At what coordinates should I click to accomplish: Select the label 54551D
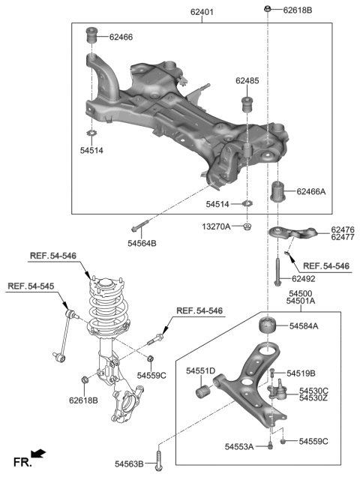pyautogui.click(x=200, y=370)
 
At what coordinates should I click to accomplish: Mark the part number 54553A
pyautogui.click(x=240, y=447)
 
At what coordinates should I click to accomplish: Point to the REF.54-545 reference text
pyautogui.click(x=31, y=285)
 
